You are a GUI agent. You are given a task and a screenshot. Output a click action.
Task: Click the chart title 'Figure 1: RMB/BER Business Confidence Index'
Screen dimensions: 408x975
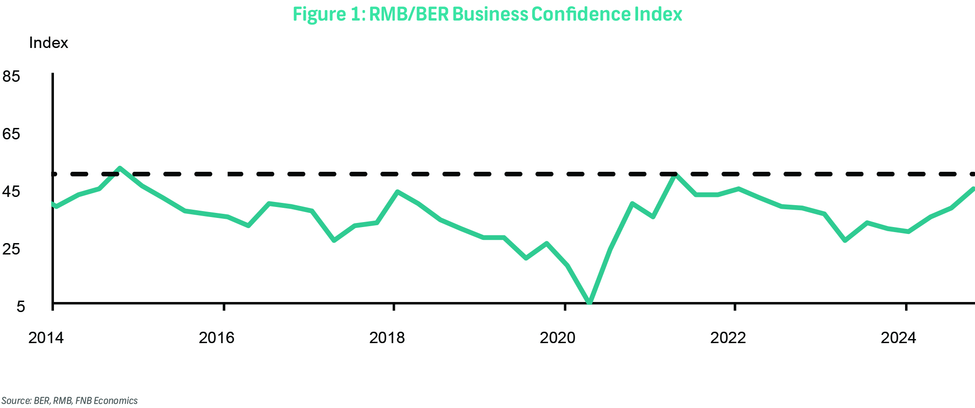point(487,14)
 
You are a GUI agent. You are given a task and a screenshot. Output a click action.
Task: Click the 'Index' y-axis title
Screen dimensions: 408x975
point(48,43)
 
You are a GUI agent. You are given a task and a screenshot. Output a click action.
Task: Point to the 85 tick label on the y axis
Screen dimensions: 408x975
point(11,76)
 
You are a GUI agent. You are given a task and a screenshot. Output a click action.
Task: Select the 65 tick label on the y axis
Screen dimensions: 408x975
point(11,134)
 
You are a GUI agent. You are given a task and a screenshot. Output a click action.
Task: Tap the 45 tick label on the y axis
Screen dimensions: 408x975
point(11,191)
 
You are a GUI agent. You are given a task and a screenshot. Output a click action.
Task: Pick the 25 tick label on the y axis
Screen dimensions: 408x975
point(11,249)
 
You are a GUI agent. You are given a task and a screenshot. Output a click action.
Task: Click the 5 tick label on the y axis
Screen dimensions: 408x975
point(21,306)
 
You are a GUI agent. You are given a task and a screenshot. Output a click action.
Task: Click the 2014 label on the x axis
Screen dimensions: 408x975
point(46,338)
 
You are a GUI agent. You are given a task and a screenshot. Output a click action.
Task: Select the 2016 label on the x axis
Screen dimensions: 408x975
point(216,338)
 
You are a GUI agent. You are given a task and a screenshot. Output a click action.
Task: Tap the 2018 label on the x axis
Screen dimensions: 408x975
point(387,338)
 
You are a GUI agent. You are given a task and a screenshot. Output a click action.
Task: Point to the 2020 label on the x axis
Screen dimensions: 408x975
point(558,338)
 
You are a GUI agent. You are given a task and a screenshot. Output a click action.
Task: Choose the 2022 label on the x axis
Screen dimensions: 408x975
point(728,338)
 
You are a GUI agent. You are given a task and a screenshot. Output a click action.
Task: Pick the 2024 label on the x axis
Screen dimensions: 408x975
point(899,338)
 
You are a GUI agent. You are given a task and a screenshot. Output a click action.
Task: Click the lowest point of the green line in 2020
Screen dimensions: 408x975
point(589,302)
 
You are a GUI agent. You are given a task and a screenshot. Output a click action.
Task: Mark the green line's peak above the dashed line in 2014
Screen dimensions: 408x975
point(120,168)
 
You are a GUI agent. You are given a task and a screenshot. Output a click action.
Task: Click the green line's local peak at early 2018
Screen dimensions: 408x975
point(398,192)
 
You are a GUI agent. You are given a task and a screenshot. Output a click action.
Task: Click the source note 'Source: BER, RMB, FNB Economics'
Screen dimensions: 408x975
point(69,401)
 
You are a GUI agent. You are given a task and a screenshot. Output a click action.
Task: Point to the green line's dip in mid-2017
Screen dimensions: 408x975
point(334,240)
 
